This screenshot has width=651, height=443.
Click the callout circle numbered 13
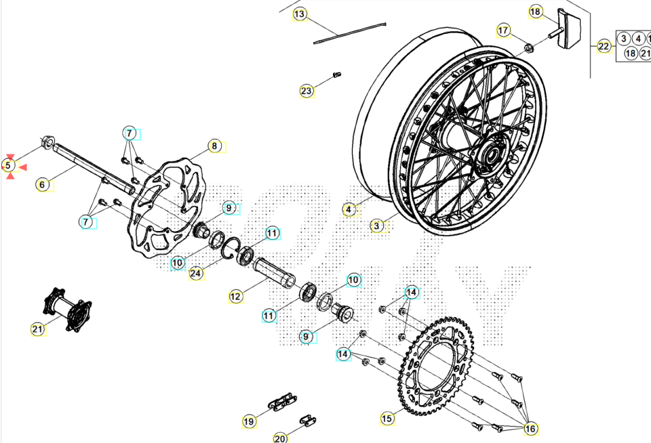click(300, 14)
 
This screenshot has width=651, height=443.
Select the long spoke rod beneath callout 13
click(350, 33)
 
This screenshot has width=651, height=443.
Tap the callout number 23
click(307, 91)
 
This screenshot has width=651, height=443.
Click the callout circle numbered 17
click(503, 30)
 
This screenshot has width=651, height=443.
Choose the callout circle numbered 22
click(604, 47)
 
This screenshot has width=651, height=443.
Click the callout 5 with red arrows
click(9, 165)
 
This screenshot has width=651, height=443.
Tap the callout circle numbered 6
click(42, 184)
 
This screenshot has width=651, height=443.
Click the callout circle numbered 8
click(214, 146)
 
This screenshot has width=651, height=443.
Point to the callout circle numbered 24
click(196, 274)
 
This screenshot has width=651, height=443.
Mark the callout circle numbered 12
click(235, 296)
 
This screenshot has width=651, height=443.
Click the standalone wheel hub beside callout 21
click(67, 310)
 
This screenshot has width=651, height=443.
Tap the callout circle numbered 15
click(387, 419)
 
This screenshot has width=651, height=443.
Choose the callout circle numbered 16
click(530, 428)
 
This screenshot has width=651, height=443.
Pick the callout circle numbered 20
click(281, 438)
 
